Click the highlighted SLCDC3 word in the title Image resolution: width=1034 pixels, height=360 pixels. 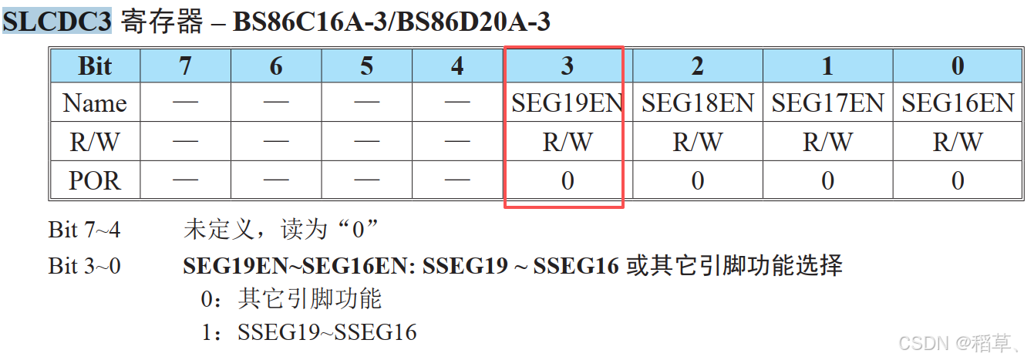click(x=58, y=21)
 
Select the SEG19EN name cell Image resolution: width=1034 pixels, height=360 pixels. click(x=567, y=103)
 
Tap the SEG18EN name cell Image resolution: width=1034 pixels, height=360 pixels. click(x=697, y=103)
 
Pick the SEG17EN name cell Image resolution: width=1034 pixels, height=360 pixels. click(x=827, y=103)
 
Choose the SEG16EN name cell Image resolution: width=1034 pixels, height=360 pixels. click(x=957, y=103)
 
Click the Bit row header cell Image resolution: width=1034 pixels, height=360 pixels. click(x=95, y=66)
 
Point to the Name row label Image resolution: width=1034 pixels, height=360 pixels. click(x=95, y=103)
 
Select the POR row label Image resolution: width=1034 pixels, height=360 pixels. click(x=95, y=180)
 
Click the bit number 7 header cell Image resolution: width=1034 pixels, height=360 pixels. click(x=185, y=66)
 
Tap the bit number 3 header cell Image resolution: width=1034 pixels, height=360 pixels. click(x=567, y=66)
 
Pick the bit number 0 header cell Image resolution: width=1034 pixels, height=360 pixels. click(x=957, y=66)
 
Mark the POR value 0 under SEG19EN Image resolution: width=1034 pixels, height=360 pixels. click(x=567, y=180)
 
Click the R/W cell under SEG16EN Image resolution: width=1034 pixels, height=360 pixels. click(x=957, y=142)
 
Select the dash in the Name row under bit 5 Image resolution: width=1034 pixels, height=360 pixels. click(x=367, y=103)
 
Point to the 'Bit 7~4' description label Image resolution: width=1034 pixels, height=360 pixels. click(x=85, y=229)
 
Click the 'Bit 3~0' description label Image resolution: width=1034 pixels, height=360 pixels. click(x=85, y=266)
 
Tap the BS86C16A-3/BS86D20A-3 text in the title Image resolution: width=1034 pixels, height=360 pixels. click(x=392, y=22)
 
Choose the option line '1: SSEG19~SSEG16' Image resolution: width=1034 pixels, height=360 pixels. click(x=308, y=332)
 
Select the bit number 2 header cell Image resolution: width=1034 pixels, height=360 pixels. click(x=697, y=66)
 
